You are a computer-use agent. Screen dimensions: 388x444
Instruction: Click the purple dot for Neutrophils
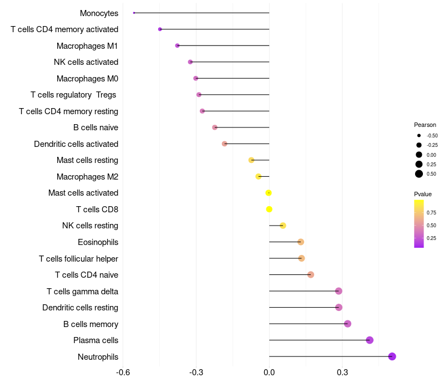point(392,356)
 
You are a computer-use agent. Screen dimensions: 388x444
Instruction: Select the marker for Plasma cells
point(370,340)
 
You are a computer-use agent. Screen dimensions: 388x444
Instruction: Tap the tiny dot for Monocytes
point(134,13)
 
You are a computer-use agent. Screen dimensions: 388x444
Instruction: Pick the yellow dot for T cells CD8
point(269,210)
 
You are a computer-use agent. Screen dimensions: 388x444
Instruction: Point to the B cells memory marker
point(347,324)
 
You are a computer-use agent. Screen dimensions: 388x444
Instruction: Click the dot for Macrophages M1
point(177,45)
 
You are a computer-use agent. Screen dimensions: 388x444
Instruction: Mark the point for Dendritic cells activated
point(224,144)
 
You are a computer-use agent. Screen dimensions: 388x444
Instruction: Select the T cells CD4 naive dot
point(311,275)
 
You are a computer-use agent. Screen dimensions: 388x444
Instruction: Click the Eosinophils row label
point(98,242)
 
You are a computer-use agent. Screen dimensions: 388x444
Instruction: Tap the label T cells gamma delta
point(82,292)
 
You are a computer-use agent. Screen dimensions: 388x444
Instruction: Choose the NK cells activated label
point(85,62)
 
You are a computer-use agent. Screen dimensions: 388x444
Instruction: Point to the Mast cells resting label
point(87,160)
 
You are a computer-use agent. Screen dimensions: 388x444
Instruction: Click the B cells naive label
point(95,127)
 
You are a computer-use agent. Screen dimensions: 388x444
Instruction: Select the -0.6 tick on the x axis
point(123,372)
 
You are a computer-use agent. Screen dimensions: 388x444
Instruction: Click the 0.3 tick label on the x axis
point(342,372)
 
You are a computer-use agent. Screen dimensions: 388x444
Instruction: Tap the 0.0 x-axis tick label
point(269,372)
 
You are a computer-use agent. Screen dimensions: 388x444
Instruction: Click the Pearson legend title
point(425,125)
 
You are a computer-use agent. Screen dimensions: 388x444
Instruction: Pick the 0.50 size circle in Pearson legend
point(419,174)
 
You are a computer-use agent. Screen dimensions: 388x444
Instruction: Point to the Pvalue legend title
point(423,194)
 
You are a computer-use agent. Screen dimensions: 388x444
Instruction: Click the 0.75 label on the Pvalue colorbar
point(431,213)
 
